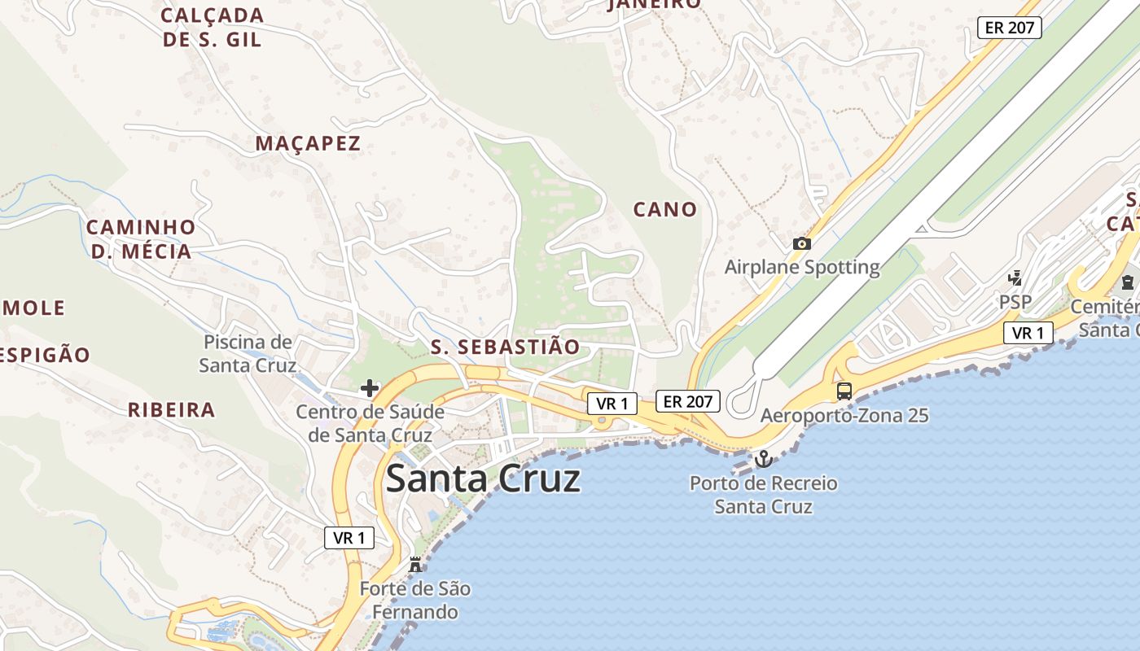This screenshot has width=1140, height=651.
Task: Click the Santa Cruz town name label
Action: tap(483, 478)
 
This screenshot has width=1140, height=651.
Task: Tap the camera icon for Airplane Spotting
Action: tap(801, 243)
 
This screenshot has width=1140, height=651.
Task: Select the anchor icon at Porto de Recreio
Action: tap(763, 460)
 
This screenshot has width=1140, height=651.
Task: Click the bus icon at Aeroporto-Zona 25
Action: tap(844, 391)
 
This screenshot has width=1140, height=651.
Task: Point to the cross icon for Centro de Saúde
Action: tap(370, 388)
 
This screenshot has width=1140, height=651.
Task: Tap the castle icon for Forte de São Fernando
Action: tap(415, 564)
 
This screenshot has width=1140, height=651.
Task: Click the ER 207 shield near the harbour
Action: tap(688, 401)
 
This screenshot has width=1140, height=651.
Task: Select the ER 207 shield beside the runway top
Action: tap(1010, 27)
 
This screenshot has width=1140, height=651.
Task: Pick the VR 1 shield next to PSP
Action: tap(1028, 333)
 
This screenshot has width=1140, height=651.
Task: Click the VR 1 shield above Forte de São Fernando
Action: tap(349, 538)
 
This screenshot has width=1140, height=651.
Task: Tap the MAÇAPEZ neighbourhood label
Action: tap(308, 144)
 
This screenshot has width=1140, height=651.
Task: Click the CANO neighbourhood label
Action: tap(665, 210)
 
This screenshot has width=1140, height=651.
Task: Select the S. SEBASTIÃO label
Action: tap(505, 347)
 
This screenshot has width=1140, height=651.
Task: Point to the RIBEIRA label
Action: tap(171, 410)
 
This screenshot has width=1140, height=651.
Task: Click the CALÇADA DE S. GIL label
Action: tap(213, 27)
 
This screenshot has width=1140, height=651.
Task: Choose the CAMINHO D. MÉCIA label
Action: tap(141, 239)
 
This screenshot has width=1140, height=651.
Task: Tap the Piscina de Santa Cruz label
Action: tap(248, 353)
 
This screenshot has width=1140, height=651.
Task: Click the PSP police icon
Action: tap(1015, 278)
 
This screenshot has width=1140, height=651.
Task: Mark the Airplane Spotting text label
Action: tap(802, 267)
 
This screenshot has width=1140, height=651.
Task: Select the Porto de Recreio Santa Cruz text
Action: tap(763, 495)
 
